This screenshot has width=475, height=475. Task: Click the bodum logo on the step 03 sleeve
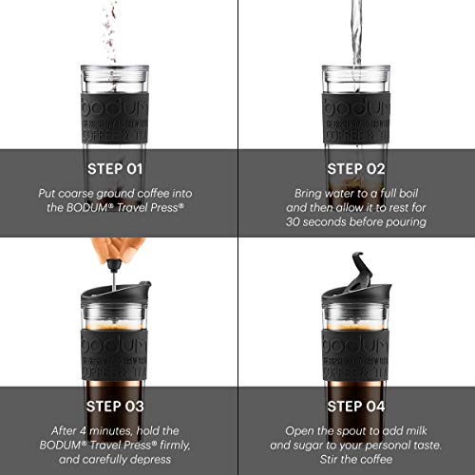(118, 341)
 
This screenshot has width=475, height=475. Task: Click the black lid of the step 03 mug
(118, 287)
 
